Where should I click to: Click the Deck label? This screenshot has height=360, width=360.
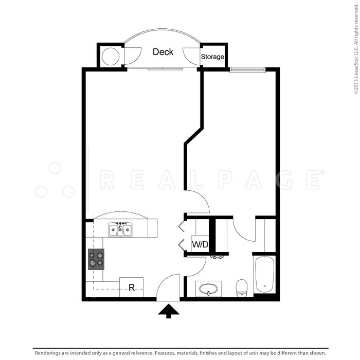click(x=163, y=52)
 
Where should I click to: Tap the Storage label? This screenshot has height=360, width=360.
click(x=212, y=57)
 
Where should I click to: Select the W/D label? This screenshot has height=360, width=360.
click(x=200, y=244)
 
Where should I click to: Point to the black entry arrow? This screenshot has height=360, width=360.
click(x=168, y=311)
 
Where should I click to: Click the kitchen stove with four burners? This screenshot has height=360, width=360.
click(x=96, y=259)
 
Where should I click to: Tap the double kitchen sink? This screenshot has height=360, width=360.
click(x=120, y=229)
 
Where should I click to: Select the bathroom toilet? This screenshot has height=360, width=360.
click(x=241, y=288)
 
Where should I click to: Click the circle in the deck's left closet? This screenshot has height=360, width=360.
click(x=111, y=56)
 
